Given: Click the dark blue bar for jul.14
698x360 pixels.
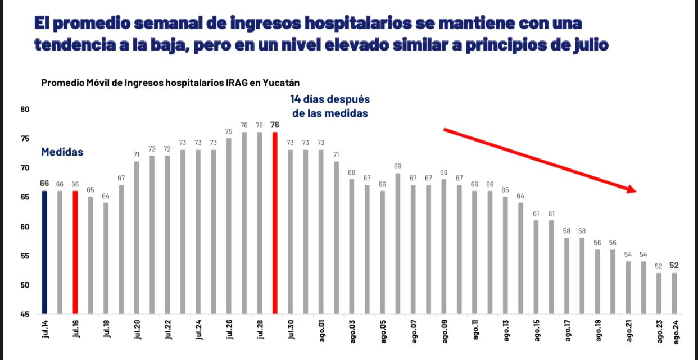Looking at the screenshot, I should pyautogui.click(x=44, y=252).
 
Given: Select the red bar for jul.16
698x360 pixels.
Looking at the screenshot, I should pyautogui.click(x=75, y=252).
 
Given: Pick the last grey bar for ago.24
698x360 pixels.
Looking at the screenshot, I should pyautogui.click(x=674, y=293).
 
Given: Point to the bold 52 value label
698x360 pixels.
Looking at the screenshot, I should pyautogui.click(x=674, y=266).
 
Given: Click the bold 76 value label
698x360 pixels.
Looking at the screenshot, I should pyautogui.click(x=275, y=125).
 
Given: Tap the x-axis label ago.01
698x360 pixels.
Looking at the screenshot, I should pyautogui.click(x=321, y=332).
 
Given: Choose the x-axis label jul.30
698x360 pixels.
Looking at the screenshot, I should pyautogui.click(x=291, y=331).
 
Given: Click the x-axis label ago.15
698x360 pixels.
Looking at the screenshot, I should pyautogui.click(x=537, y=332).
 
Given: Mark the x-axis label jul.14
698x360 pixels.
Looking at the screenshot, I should pyautogui.click(x=45, y=331).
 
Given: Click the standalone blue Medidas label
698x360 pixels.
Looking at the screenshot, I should pyautogui.click(x=62, y=152).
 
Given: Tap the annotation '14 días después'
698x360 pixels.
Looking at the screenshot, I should pyautogui.click(x=330, y=99).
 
